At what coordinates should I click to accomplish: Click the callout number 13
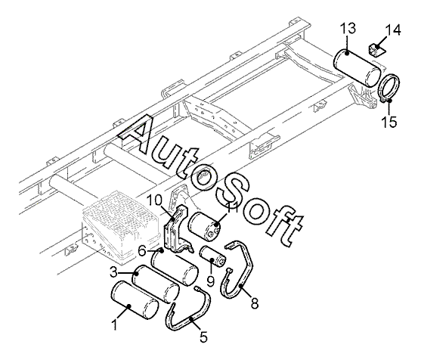click(348, 29)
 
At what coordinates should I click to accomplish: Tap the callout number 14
click(393, 30)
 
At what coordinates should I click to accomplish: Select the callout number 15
click(389, 122)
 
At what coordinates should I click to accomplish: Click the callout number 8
click(254, 303)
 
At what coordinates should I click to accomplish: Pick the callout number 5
click(204, 337)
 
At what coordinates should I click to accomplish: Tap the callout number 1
click(114, 324)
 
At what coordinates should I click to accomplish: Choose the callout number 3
click(113, 273)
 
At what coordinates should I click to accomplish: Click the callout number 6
click(142, 251)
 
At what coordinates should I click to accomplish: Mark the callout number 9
click(211, 281)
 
